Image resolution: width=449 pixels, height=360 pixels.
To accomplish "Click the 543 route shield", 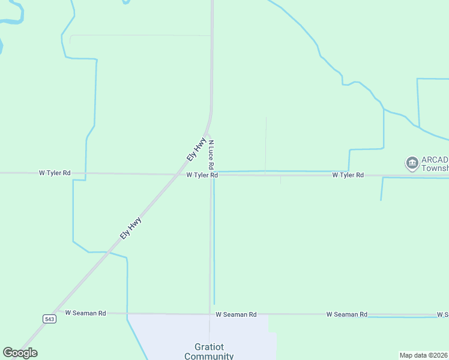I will pyautogui.click(x=50, y=319).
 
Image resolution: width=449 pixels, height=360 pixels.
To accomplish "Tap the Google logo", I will pyautogui.click(x=20, y=353).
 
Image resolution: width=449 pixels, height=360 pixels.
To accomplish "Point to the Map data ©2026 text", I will pyautogui.click(x=423, y=355).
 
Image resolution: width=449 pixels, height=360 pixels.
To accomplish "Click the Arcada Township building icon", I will pyautogui.click(x=412, y=163).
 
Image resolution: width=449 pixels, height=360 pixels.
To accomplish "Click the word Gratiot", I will pyautogui.click(x=209, y=347).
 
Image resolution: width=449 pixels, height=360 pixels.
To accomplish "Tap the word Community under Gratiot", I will pyautogui.click(x=209, y=356).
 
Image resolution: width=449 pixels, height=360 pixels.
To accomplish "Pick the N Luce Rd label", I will pyautogui.click(x=211, y=154).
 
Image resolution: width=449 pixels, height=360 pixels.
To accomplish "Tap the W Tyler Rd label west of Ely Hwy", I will pyautogui.click(x=55, y=173).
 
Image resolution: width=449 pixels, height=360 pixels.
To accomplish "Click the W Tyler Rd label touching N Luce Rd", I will pyautogui.click(x=202, y=175).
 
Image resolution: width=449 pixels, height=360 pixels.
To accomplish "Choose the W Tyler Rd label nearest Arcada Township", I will pyautogui.click(x=348, y=175).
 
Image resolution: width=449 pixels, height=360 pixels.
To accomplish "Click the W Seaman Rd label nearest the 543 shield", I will pyautogui.click(x=86, y=313).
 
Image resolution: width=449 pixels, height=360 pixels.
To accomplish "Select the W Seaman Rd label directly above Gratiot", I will pyautogui.click(x=236, y=314).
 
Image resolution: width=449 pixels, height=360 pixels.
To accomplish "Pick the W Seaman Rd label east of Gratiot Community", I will pyautogui.click(x=347, y=314).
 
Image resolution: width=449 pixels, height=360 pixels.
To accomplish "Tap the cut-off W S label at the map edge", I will pyautogui.click(x=442, y=314).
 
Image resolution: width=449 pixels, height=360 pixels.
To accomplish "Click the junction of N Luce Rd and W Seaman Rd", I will pyautogui.click(x=210, y=314).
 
